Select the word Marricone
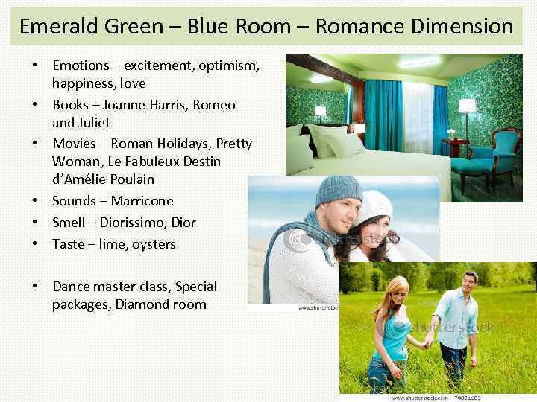(x=142, y=201)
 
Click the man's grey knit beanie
(x=337, y=191)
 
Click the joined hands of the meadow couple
(x=427, y=343)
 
